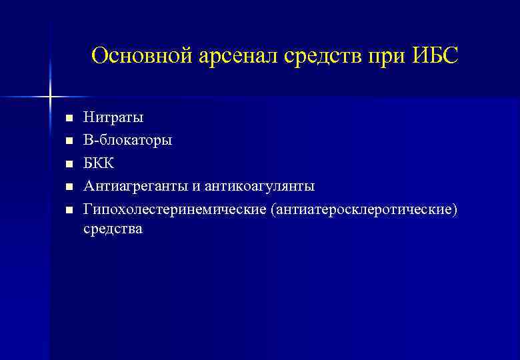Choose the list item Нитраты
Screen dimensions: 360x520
tap(113, 118)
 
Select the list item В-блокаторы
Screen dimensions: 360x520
tap(127, 141)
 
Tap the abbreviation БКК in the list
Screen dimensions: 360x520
tap(99, 163)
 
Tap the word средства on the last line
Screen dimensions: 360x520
tap(113, 229)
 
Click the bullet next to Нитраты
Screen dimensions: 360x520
tap(67, 119)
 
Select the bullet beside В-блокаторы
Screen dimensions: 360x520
tap(67, 141)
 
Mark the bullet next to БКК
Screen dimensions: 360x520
tap(67, 164)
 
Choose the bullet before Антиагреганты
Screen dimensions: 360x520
tap(67, 187)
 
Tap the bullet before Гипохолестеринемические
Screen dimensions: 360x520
tap(67, 210)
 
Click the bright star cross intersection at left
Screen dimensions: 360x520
tap(50, 97)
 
